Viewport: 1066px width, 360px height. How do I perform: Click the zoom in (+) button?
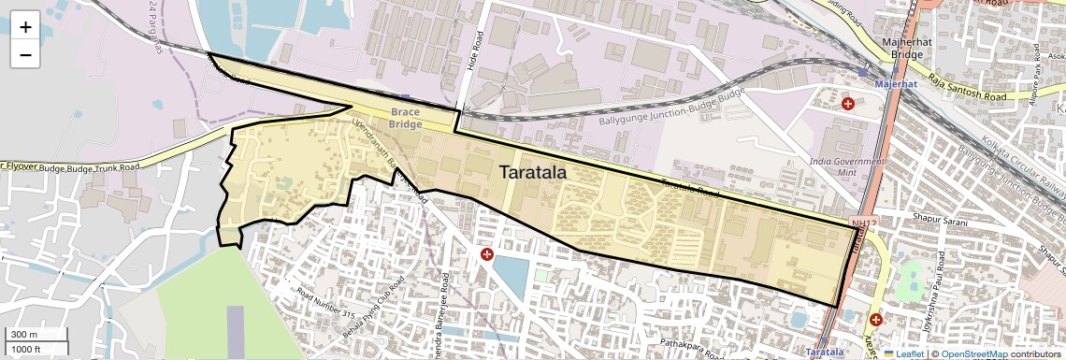[x=25, y=26]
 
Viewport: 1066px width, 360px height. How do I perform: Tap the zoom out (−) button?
[x=25, y=54]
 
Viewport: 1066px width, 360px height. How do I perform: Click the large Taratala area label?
[x=533, y=173]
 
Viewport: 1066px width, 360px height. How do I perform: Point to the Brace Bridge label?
[x=406, y=117]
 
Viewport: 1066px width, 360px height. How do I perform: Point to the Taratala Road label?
[x=689, y=188]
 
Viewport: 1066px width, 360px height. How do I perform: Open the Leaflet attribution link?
[x=903, y=354]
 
